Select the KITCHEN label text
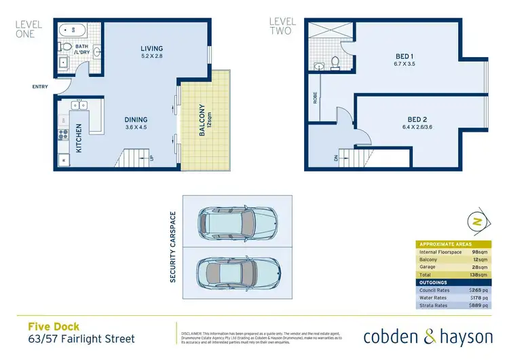click(x=79, y=137)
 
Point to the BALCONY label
click(x=202, y=121)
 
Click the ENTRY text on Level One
click(x=40, y=86)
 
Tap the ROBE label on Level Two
click(x=316, y=97)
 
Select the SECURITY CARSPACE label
click(x=174, y=247)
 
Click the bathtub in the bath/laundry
click(x=70, y=29)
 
